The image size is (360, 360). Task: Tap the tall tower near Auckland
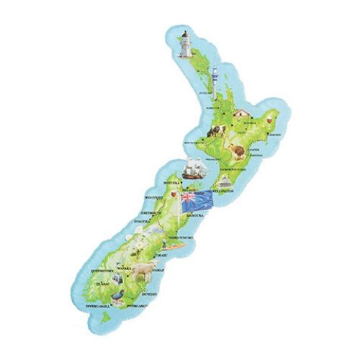[x=214, y=75]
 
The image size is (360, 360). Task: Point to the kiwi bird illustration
[x=236, y=149]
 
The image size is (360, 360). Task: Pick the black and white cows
[x=214, y=130]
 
